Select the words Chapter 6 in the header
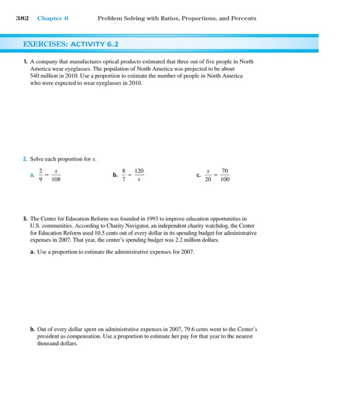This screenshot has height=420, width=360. tap(53, 18)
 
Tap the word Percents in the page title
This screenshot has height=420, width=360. tap(243, 18)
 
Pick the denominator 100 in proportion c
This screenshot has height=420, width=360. tap(224, 179)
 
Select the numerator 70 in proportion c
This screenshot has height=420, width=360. tap(224, 171)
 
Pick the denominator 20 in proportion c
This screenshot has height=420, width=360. tap(208, 179)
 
